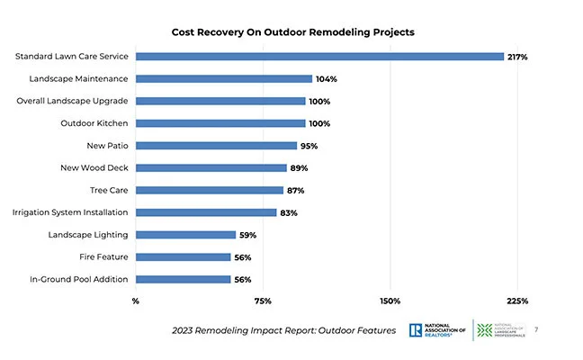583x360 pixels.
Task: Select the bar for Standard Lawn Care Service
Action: tap(319, 57)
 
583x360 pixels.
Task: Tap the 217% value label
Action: tap(516, 57)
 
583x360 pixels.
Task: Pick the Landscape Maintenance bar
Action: tap(224, 79)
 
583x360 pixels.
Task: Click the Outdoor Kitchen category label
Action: tap(94, 123)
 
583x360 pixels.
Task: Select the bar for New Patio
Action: tap(216, 146)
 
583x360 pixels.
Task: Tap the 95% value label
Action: tap(309, 146)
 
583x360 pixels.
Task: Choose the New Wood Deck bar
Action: tap(211, 167)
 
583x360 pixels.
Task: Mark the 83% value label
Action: tap(289, 212)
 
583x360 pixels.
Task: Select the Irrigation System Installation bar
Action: tap(206, 212)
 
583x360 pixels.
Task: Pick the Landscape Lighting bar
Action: tap(185, 235)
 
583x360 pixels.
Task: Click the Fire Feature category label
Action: tap(101, 256)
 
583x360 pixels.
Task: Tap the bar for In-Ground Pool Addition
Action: tap(183, 279)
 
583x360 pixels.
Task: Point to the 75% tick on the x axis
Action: tap(263, 301)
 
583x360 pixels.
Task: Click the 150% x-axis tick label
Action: tap(390, 301)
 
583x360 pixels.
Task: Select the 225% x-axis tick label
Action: tap(516, 301)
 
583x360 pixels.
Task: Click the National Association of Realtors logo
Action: tap(438, 330)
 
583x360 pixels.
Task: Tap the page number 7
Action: tap(536, 329)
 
